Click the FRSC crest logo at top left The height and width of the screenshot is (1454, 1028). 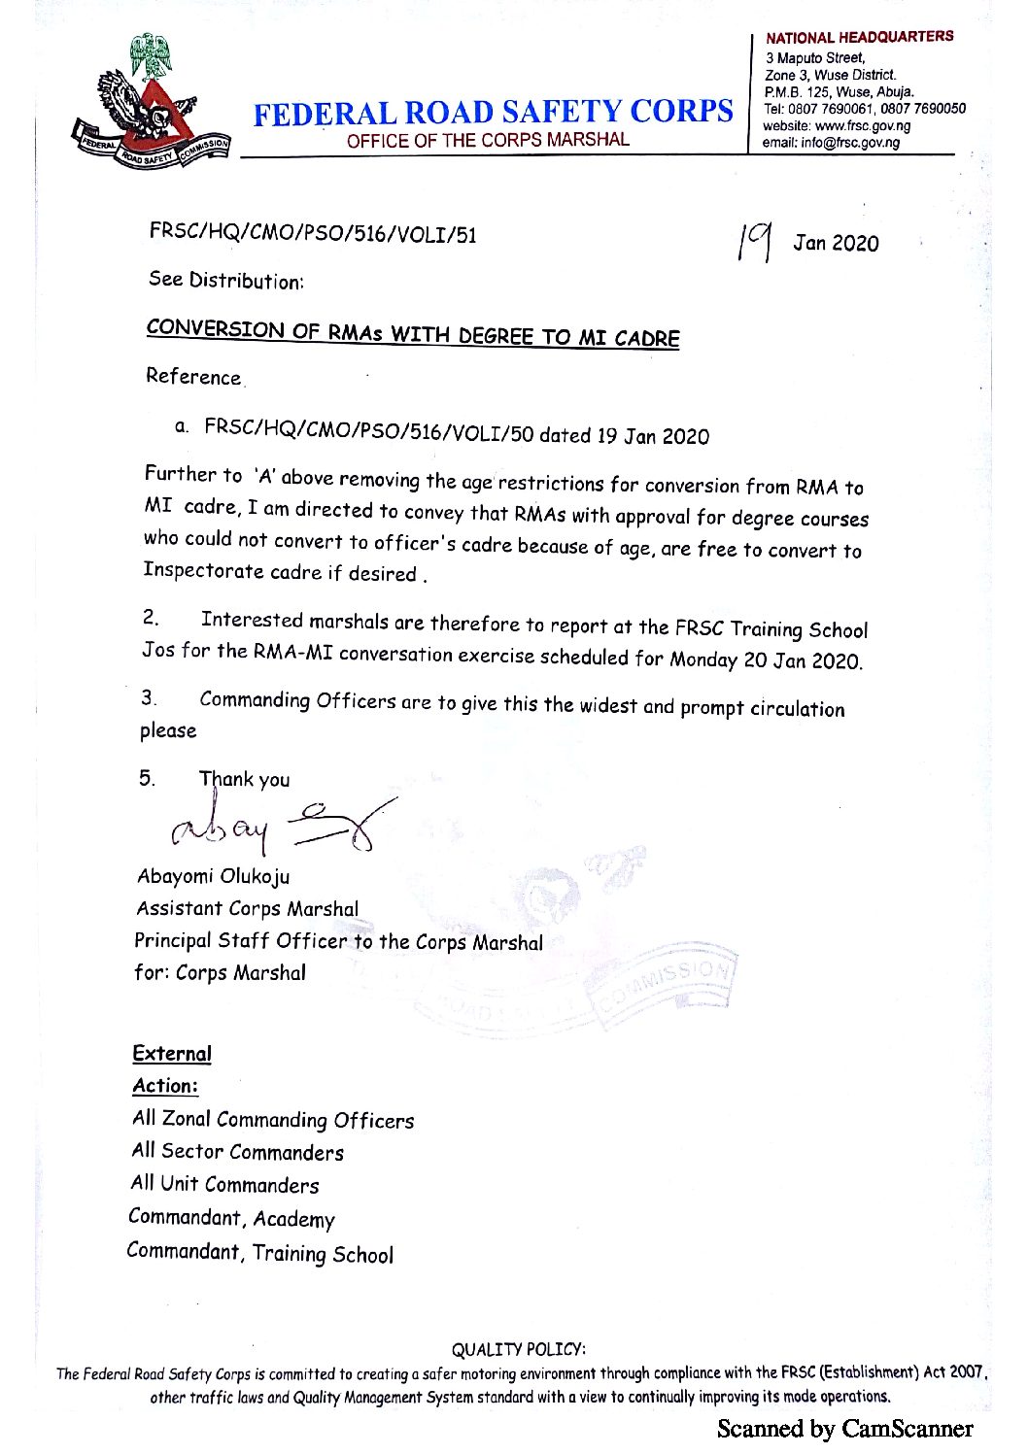coord(151,102)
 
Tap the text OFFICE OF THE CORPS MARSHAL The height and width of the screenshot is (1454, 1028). coord(488,140)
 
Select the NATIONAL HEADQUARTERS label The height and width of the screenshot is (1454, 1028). coord(859,37)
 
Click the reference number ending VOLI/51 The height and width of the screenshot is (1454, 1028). coord(313,233)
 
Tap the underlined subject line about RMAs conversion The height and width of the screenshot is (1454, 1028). coord(413,333)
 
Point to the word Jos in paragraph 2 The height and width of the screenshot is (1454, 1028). coord(158,649)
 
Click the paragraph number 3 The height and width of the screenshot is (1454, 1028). coord(148,697)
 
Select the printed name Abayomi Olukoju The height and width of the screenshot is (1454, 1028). coord(214,876)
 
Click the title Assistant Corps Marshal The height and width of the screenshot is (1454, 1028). coord(248,909)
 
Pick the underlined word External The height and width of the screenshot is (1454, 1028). coord(172,1054)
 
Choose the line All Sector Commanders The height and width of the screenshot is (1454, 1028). coord(238,1152)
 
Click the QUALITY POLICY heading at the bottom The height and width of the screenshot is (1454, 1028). coord(518,1349)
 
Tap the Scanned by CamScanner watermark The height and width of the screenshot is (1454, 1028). coord(844,1428)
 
